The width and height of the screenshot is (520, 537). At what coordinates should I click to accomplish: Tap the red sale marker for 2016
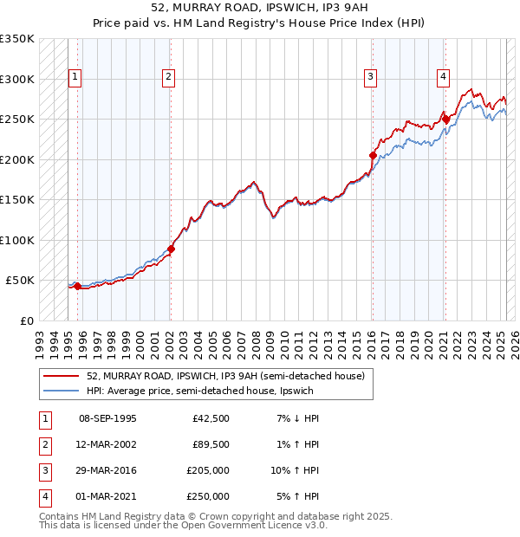pyautogui.click(x=373, y=155)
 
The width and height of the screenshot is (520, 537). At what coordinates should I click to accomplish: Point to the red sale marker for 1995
pyautogui.click(x=77, y=286)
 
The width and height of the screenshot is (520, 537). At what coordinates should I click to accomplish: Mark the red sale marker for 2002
pyautogui.click(x=171, y=249)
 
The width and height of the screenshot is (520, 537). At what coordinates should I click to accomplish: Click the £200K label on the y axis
pyautogui.click(x=16, y=159)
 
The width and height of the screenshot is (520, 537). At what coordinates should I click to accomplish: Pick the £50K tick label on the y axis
pyautogui.click(x=19, y=281)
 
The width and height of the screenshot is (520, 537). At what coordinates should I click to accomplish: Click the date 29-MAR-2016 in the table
pyautogui.click(x=107, y=472)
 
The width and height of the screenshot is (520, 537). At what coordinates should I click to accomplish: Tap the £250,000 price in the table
pyautogui.click(x=208, y=497)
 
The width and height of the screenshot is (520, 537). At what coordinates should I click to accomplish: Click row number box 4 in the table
pyautogui.click(x=43, y=497)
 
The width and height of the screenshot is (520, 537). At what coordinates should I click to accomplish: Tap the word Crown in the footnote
pyautogui.click(x=206, y=516)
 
